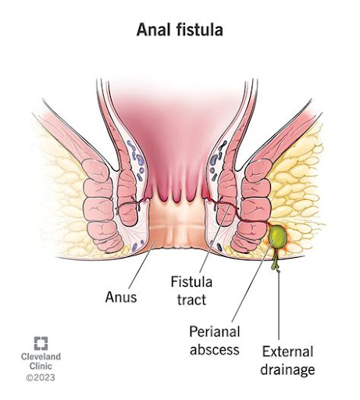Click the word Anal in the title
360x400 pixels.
click(x=153, y=30)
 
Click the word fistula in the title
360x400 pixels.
click(x=200, y=30)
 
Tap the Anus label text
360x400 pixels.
click(x=121, y=297)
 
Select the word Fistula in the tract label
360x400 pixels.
click(x=191, y=282)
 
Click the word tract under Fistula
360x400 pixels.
click(x=191, y=299)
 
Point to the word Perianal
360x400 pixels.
click(x=215, y=332)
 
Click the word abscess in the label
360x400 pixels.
click(x=215, y=349)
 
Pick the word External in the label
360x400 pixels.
click(x=287, y=352)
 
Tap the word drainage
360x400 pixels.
click(x=287, y=370)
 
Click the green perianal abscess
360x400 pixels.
click(x=277, y=234)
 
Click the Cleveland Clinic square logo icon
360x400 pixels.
click(x=41, y=344)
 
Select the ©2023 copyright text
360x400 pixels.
click(x=41, y=377)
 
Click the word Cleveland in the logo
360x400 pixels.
click(x=41, y=356)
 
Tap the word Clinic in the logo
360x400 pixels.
click(x=41, y=366)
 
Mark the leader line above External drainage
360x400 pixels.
click(x=279, y=305)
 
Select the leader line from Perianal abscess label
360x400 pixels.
click(x=252, y=280)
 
